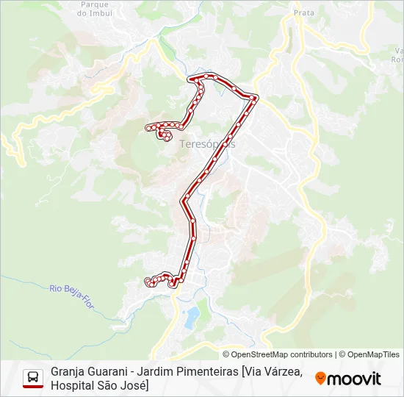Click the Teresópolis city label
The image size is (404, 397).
(x=208, y=144)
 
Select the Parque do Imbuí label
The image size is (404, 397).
(x=93, y=9)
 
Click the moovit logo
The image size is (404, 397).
(x=348, y=379)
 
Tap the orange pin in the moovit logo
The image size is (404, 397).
(x=320, y=379)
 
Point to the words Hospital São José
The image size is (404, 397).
(x=96, y=385)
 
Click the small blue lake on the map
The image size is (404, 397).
(x=191, y=318)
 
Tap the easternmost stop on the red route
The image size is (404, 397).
(x=254, y=97)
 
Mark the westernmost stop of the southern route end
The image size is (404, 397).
(x=148, y=281)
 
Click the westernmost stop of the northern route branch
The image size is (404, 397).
(x=149, y=127)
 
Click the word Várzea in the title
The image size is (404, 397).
(x=284, y=372)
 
